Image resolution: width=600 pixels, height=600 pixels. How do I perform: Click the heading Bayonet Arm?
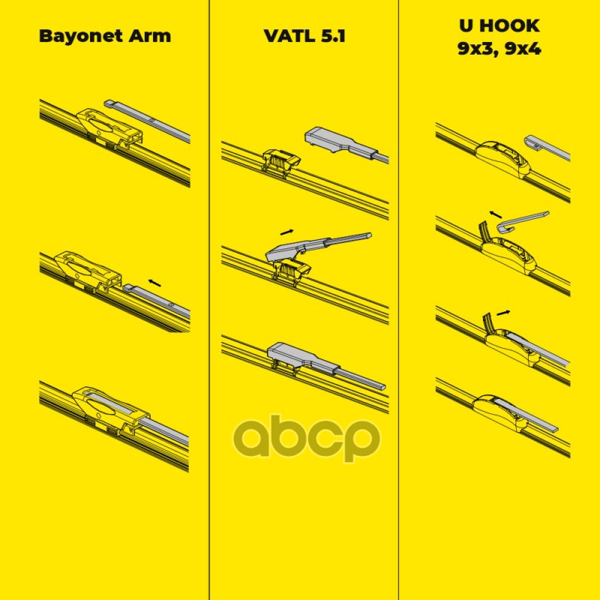[x=104, y=36]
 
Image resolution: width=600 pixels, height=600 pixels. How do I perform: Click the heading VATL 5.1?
[x=304, y=36]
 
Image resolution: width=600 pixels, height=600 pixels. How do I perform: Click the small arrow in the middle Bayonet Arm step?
[x=154, y=281]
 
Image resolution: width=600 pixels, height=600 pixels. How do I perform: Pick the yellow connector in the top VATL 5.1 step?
[x=280, y=160]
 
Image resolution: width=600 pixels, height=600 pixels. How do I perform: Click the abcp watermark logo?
[x=304, y=439]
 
